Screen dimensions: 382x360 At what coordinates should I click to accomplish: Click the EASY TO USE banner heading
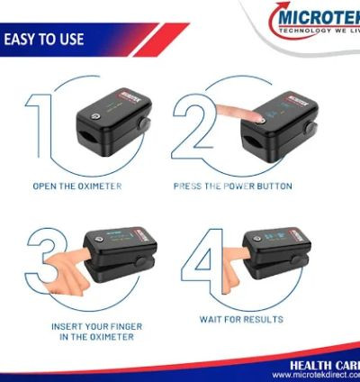pos(45,40)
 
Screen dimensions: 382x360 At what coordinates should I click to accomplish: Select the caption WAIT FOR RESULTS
pos(241,319)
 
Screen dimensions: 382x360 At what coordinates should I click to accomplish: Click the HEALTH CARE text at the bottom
pos(324,364)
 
